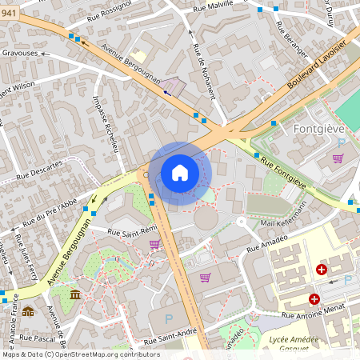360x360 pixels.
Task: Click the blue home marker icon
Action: (180, 173)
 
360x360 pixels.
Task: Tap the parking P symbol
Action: (168, 318)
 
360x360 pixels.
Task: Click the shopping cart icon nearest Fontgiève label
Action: (338, 158)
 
